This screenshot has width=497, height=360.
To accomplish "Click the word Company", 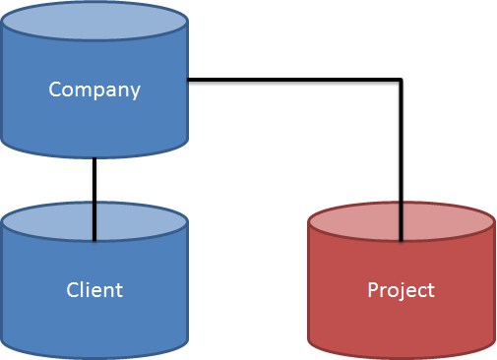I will pos(94,90).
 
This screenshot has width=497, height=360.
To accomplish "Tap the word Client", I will pos(94,289).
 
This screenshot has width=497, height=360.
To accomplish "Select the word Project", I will pos(401,290).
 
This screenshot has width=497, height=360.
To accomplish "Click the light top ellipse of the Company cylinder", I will pos(94,22).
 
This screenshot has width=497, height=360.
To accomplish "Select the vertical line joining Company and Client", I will pos(94,182).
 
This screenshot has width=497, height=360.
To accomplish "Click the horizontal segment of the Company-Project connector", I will pos(295,80).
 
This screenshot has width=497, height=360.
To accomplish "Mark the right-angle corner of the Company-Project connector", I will pos(401,80).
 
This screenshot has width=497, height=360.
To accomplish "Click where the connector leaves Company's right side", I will pos(189,80).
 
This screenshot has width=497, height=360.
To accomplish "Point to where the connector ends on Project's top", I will pos(401,239).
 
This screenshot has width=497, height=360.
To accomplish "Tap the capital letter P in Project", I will pos(372,289).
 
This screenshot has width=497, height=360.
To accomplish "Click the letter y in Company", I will pos(135,91).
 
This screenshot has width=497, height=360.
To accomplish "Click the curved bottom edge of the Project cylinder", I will pos(401,356).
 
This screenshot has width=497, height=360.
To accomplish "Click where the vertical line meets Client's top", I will pos(94,239).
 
